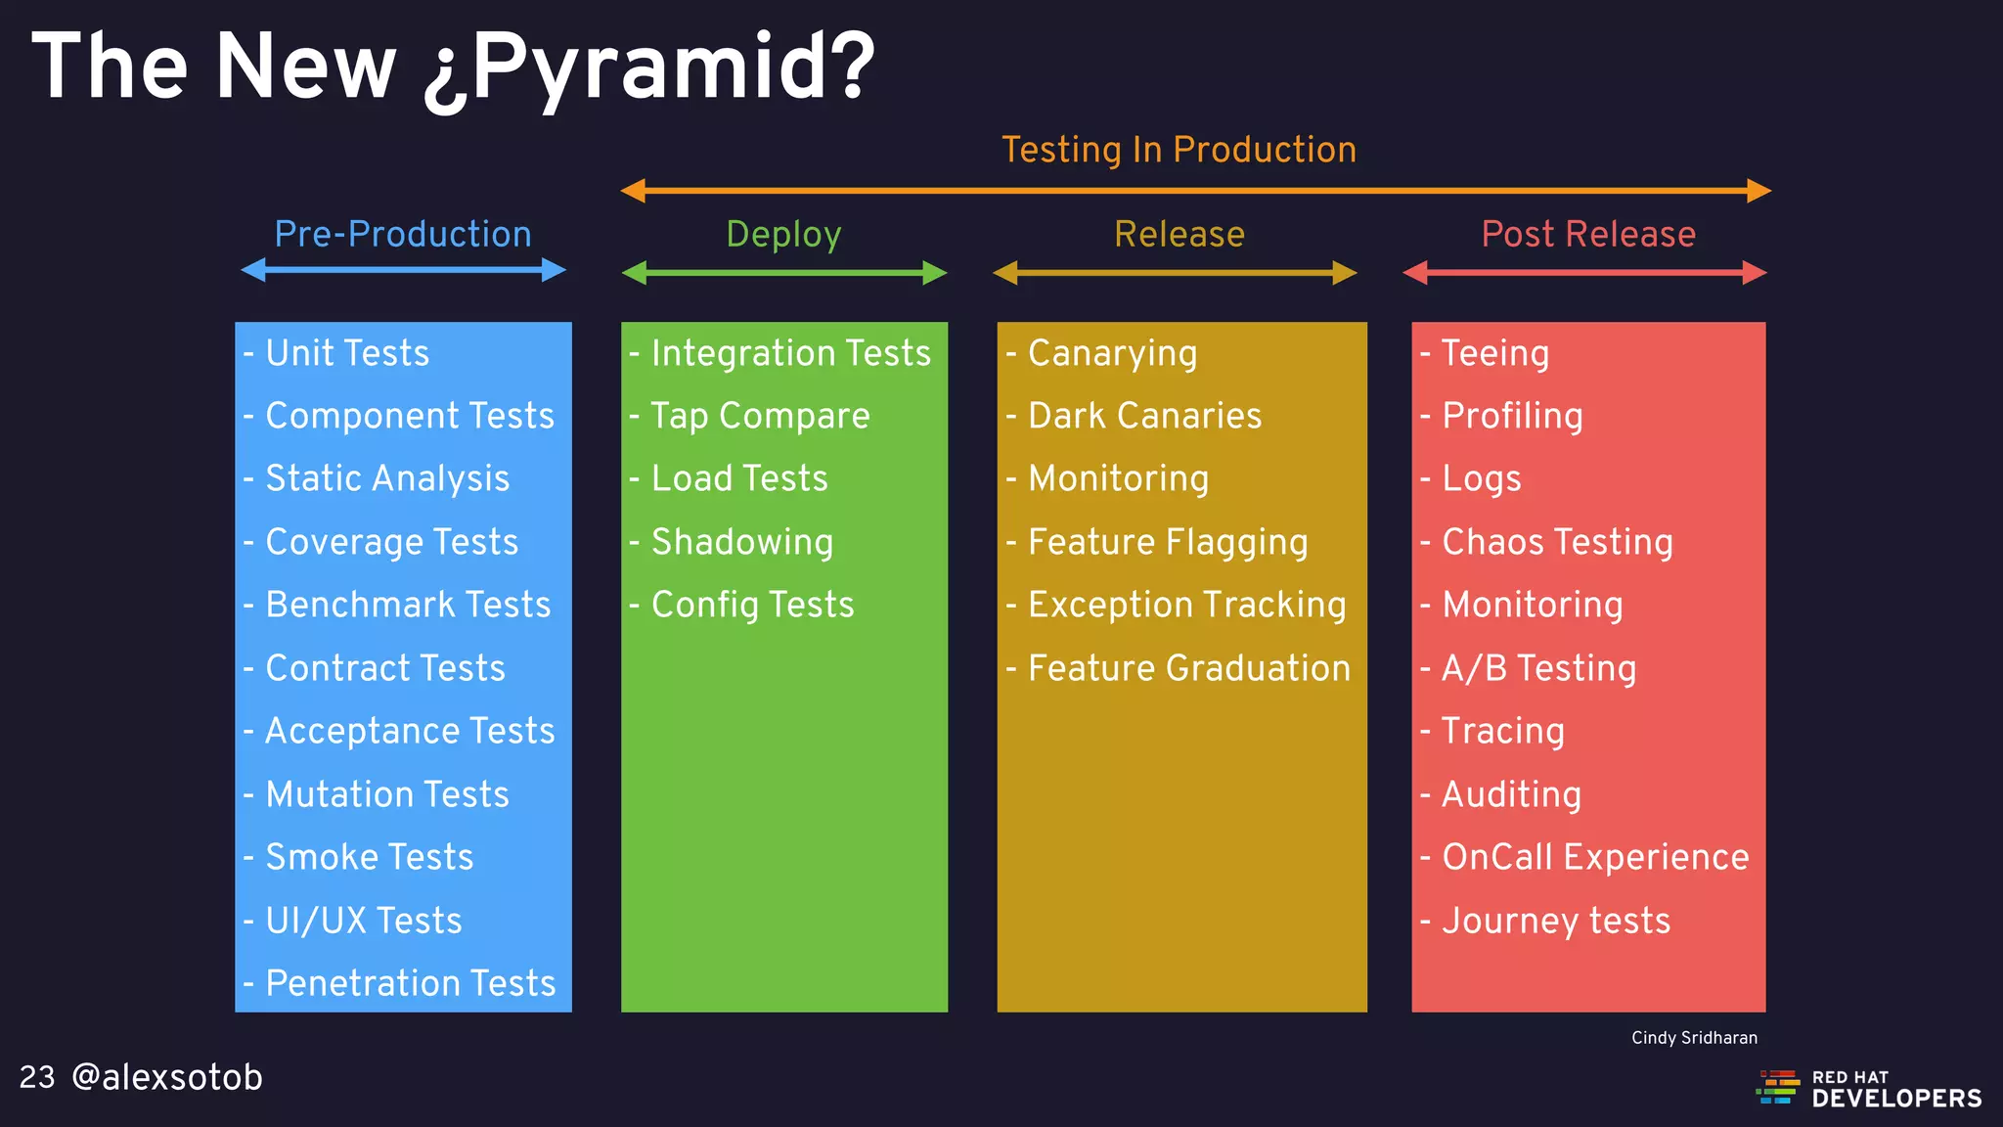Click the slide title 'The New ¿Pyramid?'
pyautogui.click(x=453, y=67)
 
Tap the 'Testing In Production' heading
pyautogui.click(x=1179, y=150)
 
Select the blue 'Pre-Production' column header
pyautogui.click(x=402, y=235)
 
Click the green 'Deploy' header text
pyautogui.click(x=783, y=235)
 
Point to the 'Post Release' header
pyautogui.click(x=1587, y=235)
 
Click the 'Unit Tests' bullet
pyautogui.click(x=347, y=353)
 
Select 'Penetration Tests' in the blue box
pyautogui.click(x=410, y=983)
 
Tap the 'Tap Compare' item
pyautogui.click(x=760, y=416)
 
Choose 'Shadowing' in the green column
pyautogui.click(x=741, y=542)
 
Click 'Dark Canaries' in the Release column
pyautogui.click(x=1144, y=416)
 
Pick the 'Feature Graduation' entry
pyautogui.click(x=1188, y=668)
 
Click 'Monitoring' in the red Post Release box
pyautogui.click(x=1532, y=605)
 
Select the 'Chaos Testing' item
pyautogui.click(x=1557, y=542)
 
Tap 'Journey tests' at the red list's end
pyautogui.click(x=1555, y=921)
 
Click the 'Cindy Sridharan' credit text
pyautogui.click(x=1694, y=1038)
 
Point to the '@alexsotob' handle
pyautogui.click(x=167, y=1077)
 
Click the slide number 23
pyautogui.click(x=37, y=1077)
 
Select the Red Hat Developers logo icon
pyautogui.click(x=1778, y=1087)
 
